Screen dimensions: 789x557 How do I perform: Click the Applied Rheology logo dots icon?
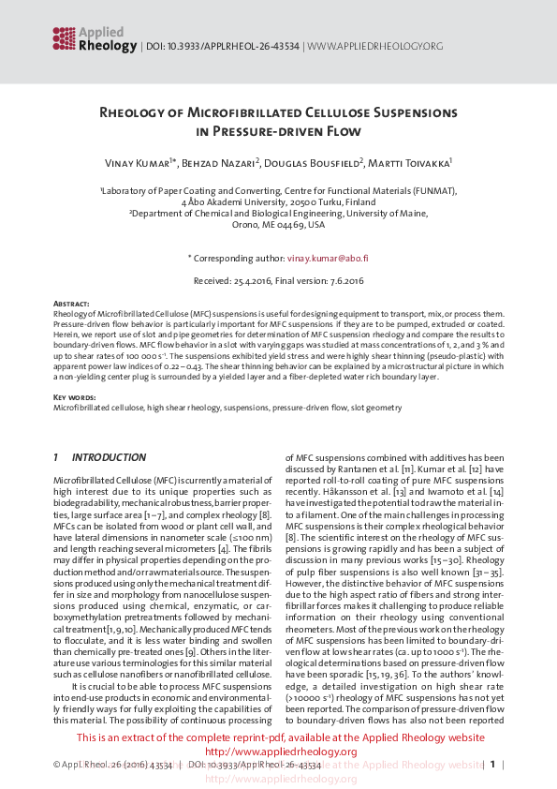pos(64,37)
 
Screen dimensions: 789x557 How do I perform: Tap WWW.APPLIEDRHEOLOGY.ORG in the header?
pos(375,46)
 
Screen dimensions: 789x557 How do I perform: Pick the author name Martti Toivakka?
pos(399,163)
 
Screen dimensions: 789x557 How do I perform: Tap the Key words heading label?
pos(73,398)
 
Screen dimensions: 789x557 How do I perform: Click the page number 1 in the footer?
pos(491,766)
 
